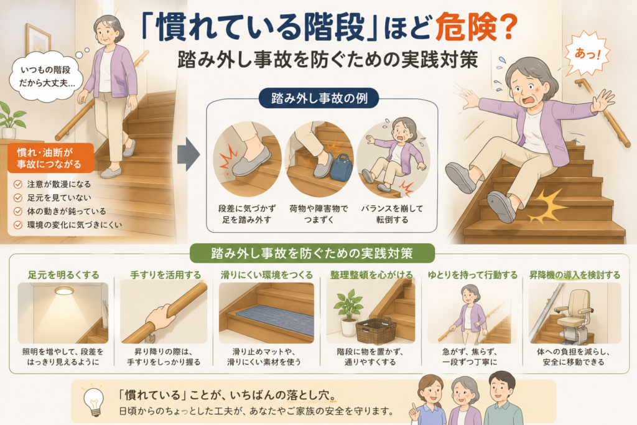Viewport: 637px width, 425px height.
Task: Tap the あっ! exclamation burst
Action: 587,54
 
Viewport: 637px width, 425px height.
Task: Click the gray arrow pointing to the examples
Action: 188,154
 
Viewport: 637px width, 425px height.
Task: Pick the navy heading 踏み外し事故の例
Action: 319,98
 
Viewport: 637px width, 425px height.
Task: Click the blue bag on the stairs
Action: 341,167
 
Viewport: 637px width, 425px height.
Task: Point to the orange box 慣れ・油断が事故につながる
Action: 50,158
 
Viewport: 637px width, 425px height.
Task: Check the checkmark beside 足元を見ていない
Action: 18,198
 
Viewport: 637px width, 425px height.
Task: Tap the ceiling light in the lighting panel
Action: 64,291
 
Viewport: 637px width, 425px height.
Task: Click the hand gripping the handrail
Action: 161,316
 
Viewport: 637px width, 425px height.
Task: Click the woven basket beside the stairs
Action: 376,330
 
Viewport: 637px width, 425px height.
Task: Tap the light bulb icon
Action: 94,400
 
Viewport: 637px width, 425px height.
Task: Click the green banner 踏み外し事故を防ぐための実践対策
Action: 312,253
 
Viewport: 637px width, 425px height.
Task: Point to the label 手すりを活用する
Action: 165,275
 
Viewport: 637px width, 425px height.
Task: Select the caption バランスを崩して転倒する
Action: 392,214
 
